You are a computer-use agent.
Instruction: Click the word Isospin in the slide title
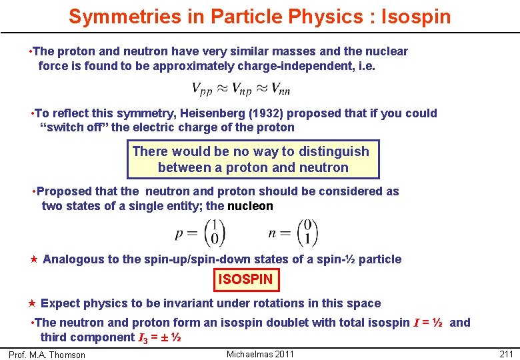(x=416, y=16)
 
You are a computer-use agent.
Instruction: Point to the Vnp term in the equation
(x=241, y=89)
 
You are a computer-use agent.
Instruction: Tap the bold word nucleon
(x=250, y=206)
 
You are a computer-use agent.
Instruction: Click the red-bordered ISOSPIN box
(x=246, y=279)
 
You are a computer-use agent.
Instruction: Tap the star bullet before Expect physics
(x=31, y=303)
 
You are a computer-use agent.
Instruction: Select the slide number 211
(x=506, y=353)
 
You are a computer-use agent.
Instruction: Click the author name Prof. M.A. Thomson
(x=47, y=355)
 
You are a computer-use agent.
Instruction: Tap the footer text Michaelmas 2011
(x=260, y=353)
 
